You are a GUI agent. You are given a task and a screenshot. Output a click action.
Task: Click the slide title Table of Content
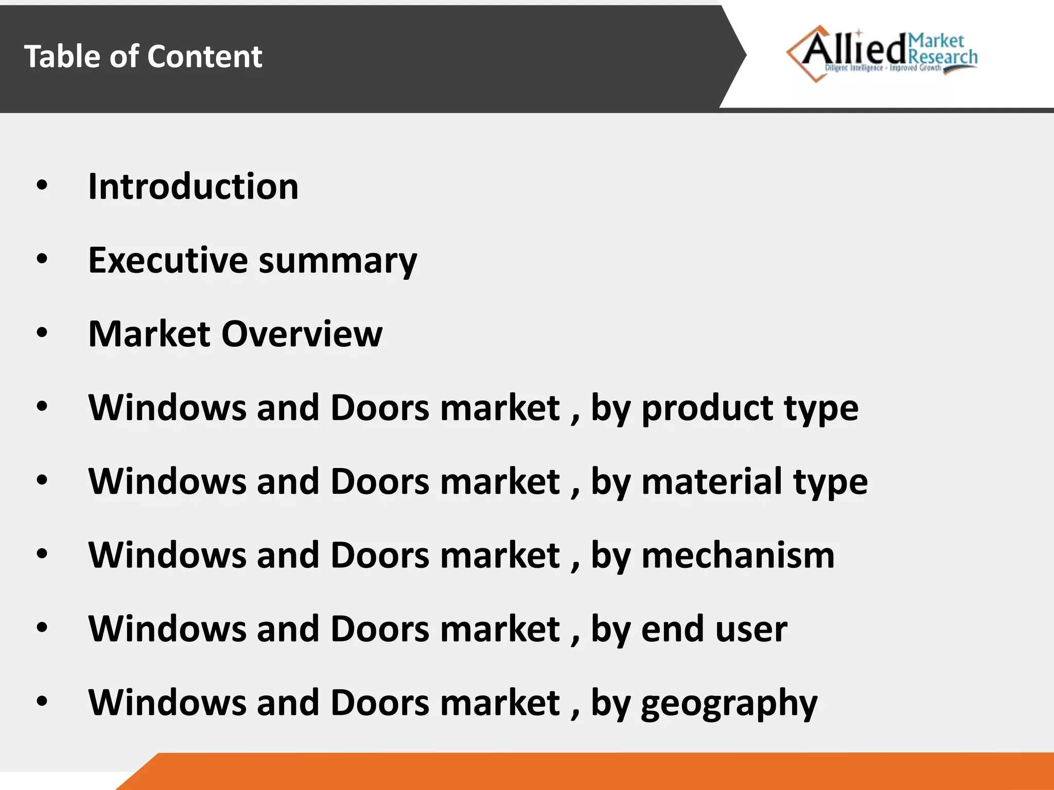143,56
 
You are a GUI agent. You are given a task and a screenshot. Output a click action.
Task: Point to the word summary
338,261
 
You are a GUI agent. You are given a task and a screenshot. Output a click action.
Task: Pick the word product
708,409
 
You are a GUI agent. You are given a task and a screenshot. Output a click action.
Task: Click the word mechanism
738,555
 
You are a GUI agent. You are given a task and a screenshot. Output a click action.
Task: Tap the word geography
729,704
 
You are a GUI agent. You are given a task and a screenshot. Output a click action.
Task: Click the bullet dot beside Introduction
42,186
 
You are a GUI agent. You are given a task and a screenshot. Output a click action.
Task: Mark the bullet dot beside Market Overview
42,333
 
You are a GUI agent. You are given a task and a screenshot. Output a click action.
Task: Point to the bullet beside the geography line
42,701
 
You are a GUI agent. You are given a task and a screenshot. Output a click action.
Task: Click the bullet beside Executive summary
42,259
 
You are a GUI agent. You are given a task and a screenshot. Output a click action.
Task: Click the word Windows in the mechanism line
167,555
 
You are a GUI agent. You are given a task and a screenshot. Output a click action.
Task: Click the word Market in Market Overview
149,334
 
